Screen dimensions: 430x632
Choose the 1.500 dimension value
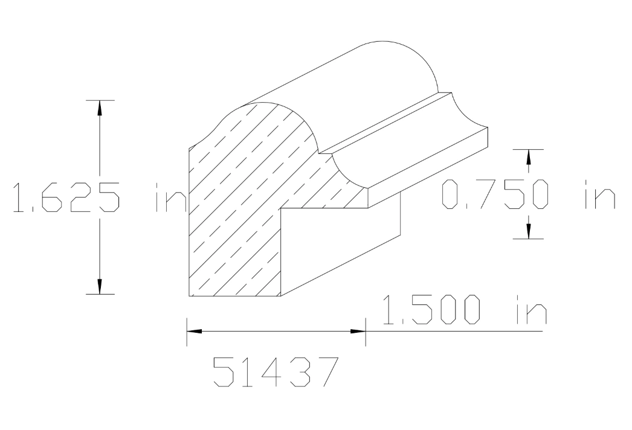(x=433, y=311)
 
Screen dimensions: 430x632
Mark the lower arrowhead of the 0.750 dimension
(x=528, y=231)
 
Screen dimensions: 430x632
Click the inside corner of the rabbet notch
(x=282, y=208)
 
